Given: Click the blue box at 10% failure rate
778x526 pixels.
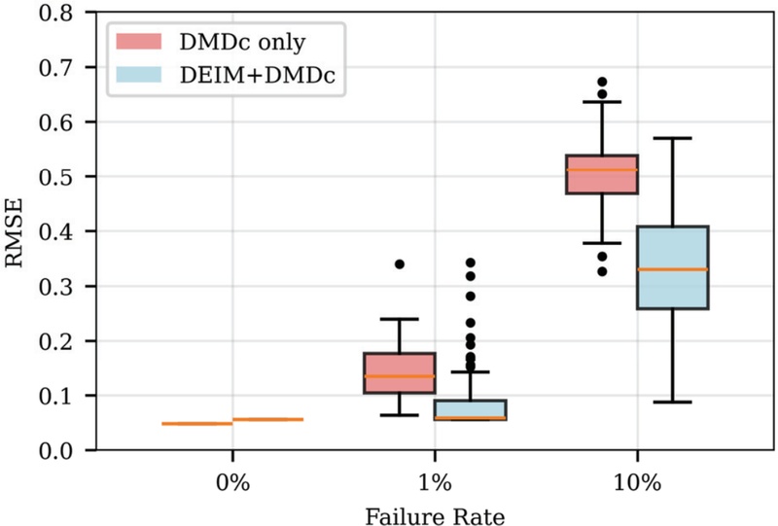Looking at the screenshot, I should pyautogui.click(x=672, y=267).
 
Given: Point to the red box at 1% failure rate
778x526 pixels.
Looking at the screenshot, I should pyautogui.click(x=400, y=372).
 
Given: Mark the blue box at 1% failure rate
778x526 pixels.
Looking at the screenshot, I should pyautogui.click(x=470, y=409).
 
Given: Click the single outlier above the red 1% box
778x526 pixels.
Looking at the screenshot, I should pyautogui.click(x=400, y=263).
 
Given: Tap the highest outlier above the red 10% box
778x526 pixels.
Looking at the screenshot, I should pyautogui.click(x=602, y=82).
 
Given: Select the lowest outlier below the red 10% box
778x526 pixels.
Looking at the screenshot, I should pyautogui.click(x=602, y=271).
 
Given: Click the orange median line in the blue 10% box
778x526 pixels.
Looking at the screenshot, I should pyautogui.click(x=672, y=269).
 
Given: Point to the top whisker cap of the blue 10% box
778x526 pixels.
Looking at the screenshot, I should pyautogui.click(x=672, y=138).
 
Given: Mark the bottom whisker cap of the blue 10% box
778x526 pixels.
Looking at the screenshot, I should pyautogui.click(x=672, y=402).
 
